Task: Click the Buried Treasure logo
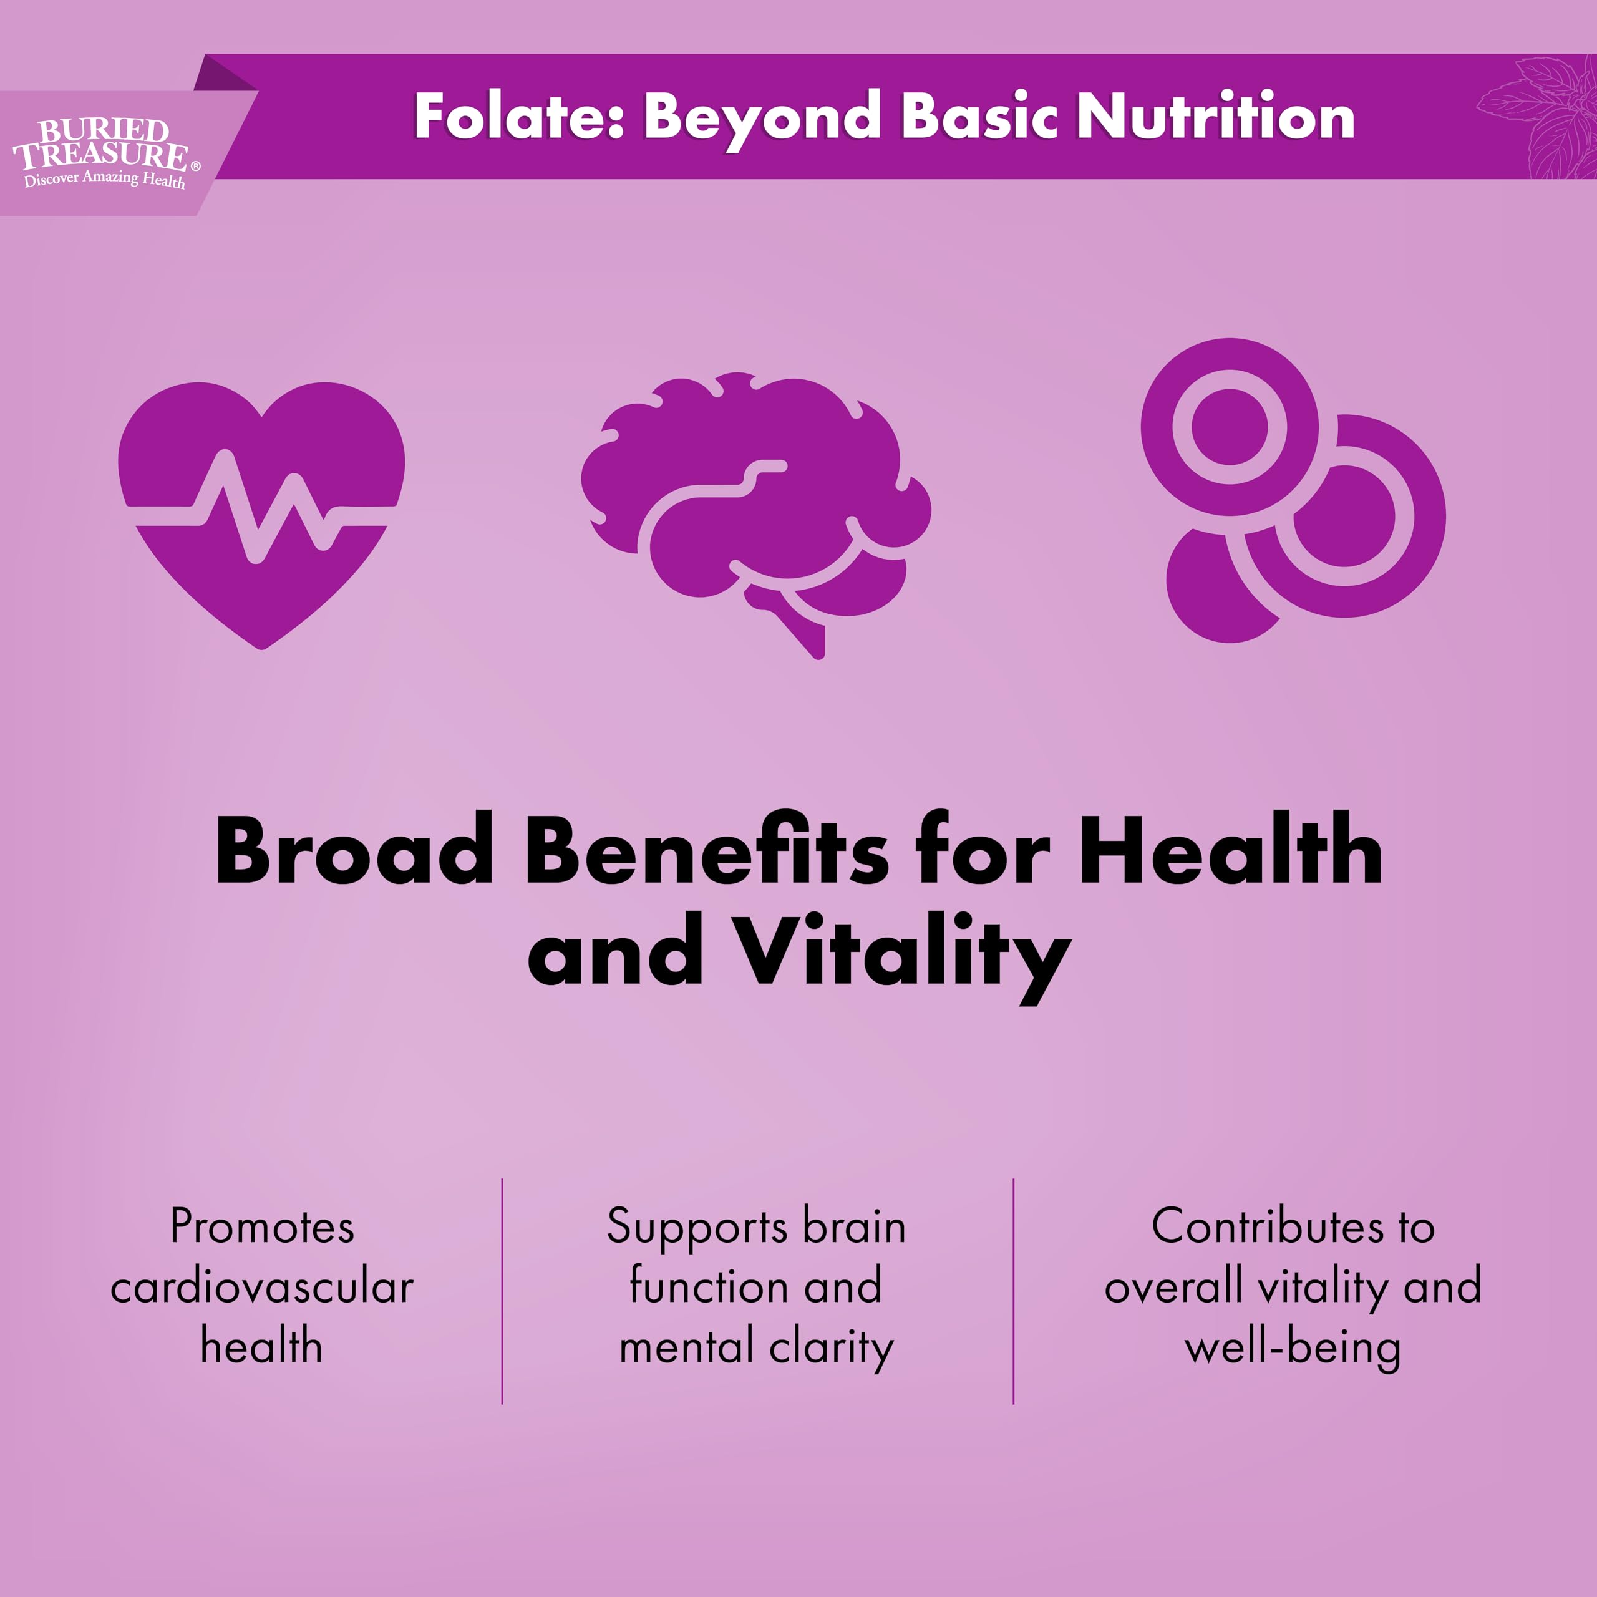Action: tap(102, 153)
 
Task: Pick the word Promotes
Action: tap(262, 1226)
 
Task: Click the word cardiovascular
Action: tap(262, 1287)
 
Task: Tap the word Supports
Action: tap(697, 1226)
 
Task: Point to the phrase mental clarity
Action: tap(756, 1348)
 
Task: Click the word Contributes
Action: tap(1267, 1226)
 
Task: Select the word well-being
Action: tap(1292, 1348)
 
